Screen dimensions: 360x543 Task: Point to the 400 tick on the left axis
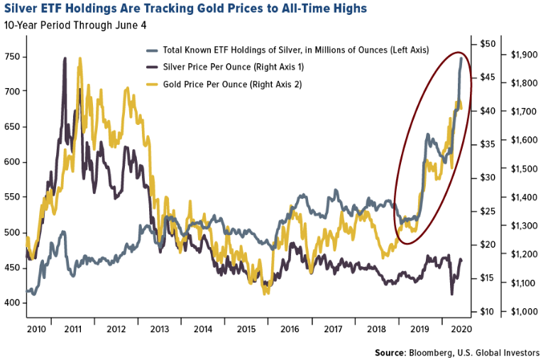[13, 302]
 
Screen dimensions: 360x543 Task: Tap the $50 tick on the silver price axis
[486, 44]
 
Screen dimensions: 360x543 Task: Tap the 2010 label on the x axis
[37, 329]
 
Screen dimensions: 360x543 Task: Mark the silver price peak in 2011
[65, 59]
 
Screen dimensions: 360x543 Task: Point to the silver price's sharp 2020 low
[452, 294]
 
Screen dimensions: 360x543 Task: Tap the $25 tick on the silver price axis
[486, 211]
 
